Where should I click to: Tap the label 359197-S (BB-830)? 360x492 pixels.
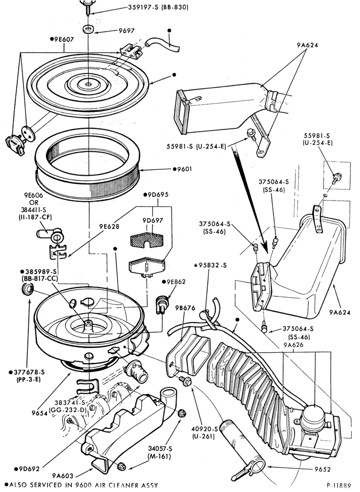(x=158, y=7)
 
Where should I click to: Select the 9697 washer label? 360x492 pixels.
(x=126, y=31)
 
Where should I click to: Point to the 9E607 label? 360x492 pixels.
(x=62, y=39)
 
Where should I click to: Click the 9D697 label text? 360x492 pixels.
(x=152, y=220)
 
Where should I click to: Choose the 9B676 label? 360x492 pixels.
(x=185, y=308)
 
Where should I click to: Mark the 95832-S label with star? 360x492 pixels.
(x=210, y=265)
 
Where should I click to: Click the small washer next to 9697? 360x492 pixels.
(x=88, y=29)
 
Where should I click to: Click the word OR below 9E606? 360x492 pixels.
(x=35, y=202)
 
